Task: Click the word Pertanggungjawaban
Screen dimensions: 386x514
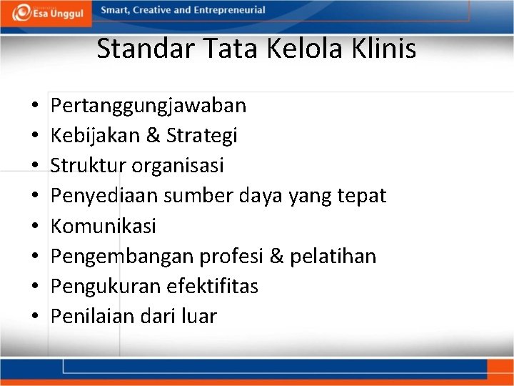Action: [x=148, y=106]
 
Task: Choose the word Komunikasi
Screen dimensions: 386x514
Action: [x=104, y=226]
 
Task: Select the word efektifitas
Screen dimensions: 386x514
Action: [x=212, y=286]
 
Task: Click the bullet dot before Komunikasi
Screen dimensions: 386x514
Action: [x=35, y=227]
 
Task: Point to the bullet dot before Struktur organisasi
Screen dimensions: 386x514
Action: [x=35, y=167]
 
